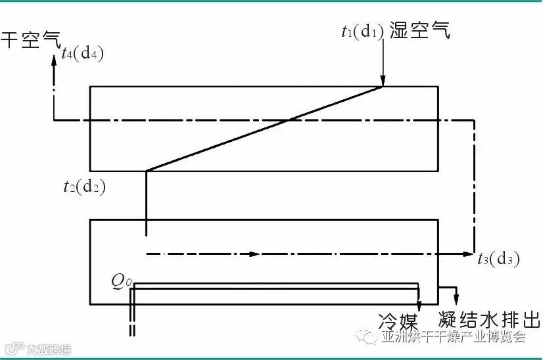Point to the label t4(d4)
coord(82,55)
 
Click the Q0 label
coord(122,282)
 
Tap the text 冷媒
coord(398,321)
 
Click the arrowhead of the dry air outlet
coord(54,60)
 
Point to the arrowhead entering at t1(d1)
coord(382,80)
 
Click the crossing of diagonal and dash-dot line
coord(289,120)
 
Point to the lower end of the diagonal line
coord(146,171)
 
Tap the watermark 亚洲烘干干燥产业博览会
coord(454,337)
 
